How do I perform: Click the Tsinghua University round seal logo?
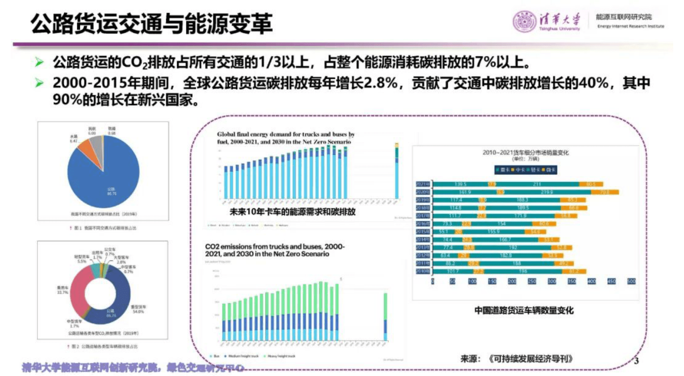click(524, 21)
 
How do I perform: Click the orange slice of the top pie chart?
click(85, 149)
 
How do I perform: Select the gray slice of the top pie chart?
click(97, 145)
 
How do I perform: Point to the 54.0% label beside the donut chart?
click(138, 311)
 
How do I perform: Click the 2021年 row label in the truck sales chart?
click(422, 184)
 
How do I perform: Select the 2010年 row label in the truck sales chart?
click(422, 271)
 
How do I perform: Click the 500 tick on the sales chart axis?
click(631, 281)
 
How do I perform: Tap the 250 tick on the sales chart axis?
click(531, 281)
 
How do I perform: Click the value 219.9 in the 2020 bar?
click(547, 192)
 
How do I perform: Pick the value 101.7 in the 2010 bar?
click(453, 271)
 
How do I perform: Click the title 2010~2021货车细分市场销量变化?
click(525, 152)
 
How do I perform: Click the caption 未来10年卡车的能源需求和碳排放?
click(292, 212)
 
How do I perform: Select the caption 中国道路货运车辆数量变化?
click(524, 310)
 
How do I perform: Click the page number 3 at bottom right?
click(636, 361)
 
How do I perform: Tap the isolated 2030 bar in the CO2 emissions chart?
click(385, 317)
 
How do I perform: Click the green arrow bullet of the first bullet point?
click(39, 63)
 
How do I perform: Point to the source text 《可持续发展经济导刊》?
click(531, 359)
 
